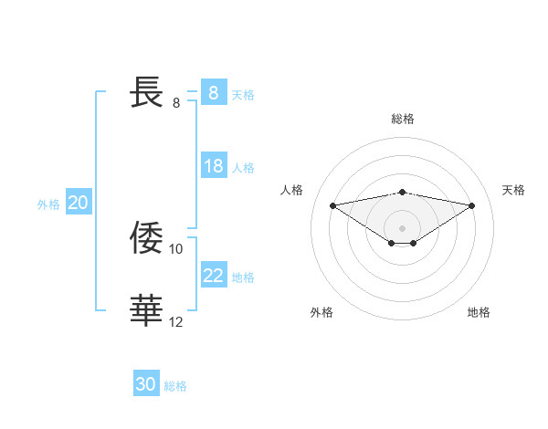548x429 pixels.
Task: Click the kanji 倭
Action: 147,237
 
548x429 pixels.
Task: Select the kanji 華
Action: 147,310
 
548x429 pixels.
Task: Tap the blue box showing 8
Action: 213,93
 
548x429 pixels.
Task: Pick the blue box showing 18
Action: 213,167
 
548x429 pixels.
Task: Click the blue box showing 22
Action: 213,276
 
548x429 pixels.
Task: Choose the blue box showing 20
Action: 78,204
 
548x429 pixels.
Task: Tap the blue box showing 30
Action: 146,384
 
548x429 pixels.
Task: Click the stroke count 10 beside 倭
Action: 176,248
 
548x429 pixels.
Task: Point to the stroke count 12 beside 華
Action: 176,321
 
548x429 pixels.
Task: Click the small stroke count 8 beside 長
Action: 176,103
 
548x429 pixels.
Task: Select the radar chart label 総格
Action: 402,119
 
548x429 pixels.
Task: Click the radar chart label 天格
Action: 513,190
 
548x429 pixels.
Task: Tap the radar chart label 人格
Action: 291,190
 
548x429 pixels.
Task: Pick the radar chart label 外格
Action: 321,312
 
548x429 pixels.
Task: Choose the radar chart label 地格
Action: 479,312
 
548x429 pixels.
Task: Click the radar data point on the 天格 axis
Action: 471,205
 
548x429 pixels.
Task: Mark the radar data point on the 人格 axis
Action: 332,205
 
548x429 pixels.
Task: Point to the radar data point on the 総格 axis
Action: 402,192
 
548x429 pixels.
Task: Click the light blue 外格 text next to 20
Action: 48,204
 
